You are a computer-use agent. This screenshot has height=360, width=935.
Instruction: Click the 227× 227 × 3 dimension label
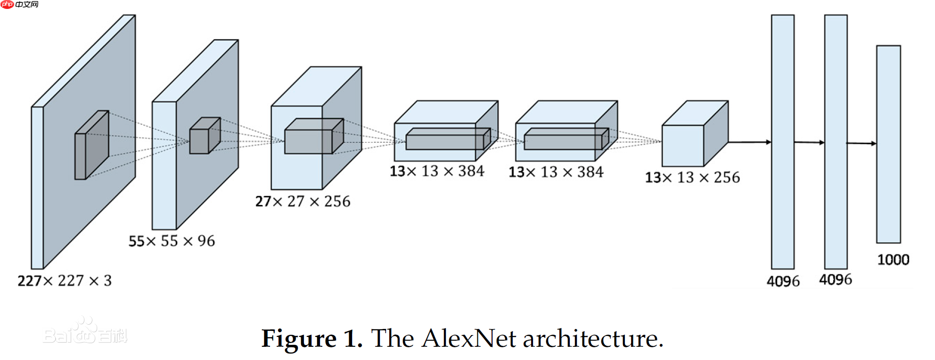coord(65,281)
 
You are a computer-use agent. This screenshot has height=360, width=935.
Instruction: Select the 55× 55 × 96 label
coord(172,241)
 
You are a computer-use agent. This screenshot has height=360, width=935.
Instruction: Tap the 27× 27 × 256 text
coord(303,202)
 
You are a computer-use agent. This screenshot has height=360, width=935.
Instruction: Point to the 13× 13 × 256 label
coord(692,178)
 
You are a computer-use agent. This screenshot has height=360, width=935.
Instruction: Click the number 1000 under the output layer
coord(893,260)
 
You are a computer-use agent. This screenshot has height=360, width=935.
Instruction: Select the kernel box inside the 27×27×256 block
coord(313,136)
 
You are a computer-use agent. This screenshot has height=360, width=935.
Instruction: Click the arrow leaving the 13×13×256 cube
coord(749,142)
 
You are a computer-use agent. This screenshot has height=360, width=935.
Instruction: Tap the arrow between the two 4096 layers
coord(809,142)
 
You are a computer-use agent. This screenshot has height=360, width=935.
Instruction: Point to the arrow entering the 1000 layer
coord(861,143)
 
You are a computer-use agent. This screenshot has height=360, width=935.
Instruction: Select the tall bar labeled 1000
coord(888,144)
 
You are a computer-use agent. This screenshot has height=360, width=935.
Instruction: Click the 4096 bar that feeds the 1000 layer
coord(836,141)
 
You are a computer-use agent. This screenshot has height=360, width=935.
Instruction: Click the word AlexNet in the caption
coord(469,339)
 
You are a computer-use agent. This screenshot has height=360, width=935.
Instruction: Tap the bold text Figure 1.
coord(312,339)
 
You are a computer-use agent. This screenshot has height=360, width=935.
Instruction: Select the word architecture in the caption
coord(593,339)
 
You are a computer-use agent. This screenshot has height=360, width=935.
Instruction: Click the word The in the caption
coord(392,339)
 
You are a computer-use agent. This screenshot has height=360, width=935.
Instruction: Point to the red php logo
coord(8,5)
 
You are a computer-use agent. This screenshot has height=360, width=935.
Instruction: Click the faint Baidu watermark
coord(85,332)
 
